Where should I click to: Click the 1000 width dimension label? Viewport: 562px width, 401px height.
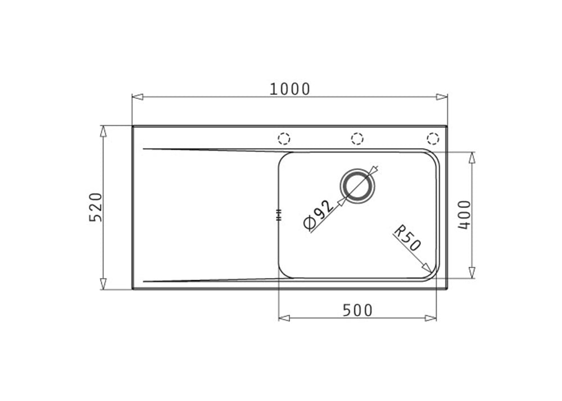coord(289,89)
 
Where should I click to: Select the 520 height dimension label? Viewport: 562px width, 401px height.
coord(96,207)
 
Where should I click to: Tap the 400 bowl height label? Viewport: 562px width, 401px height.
coord(464,215)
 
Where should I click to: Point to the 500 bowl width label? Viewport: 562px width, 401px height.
coord(357,310)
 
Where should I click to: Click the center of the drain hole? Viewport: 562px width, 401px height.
coord(357,186)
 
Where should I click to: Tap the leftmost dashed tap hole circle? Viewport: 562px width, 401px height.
coord(284,138)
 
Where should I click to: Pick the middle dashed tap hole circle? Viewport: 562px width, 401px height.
coord(357,138)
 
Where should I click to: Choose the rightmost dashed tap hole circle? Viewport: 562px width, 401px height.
coord(433,138)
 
